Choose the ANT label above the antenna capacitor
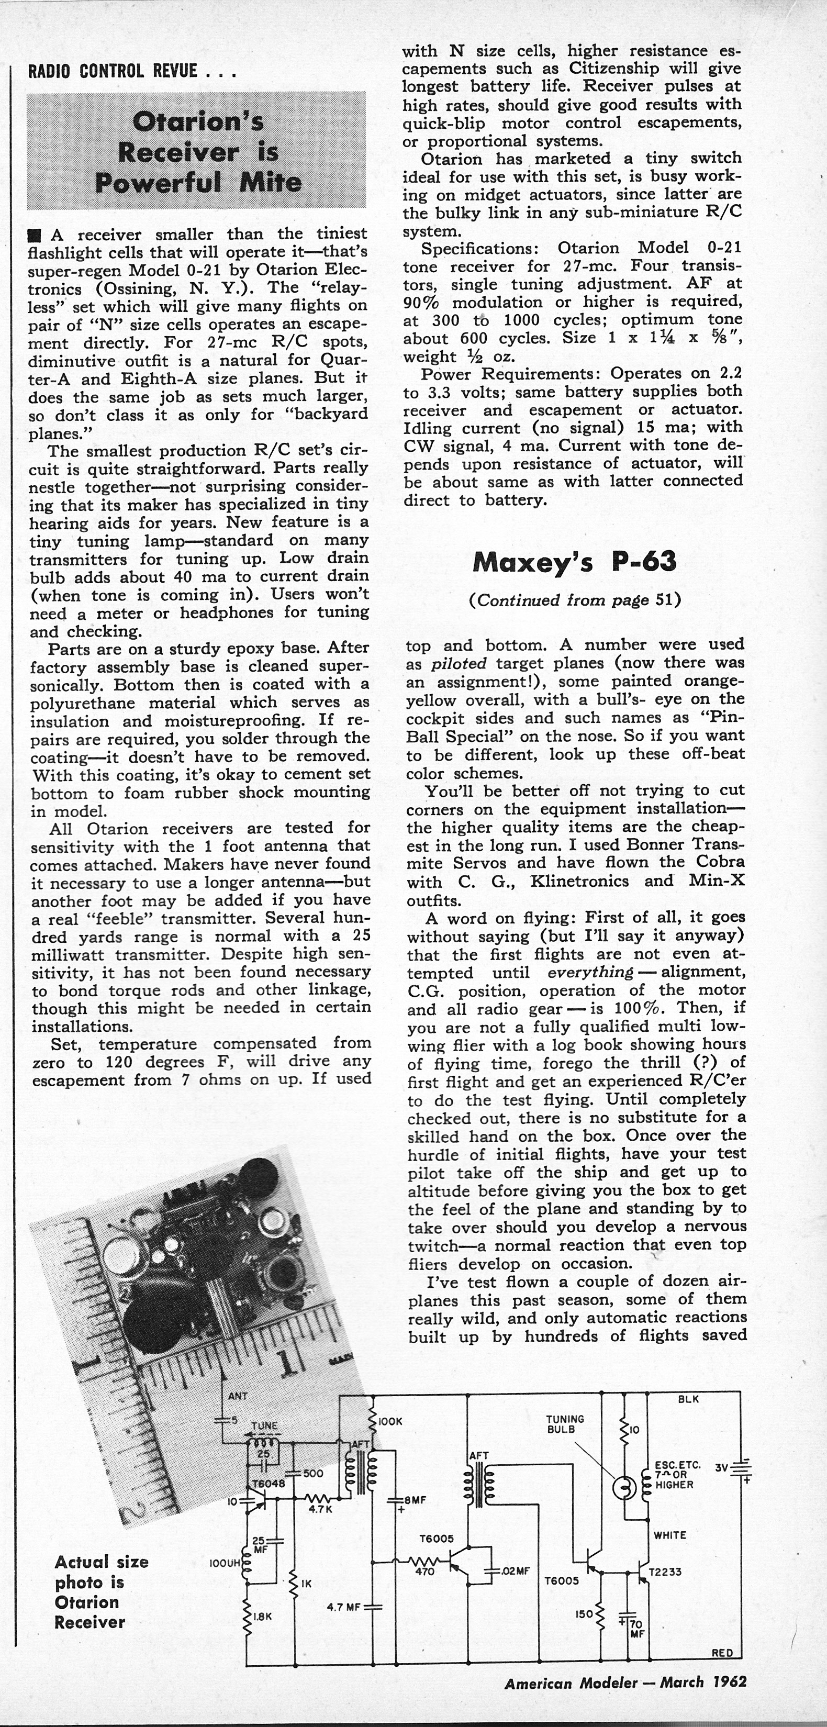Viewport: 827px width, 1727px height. pyautogui.click(x=238, y=1396)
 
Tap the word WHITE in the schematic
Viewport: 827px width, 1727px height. pyautogui.click(x=669, y=1535)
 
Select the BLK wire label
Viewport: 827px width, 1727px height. pyautogui.click(x=688, y=1399)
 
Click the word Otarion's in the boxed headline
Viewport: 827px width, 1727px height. pyautogui.click(x=198, y=121)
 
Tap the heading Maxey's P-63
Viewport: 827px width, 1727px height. pyautogui.click(x=574, y=562)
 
